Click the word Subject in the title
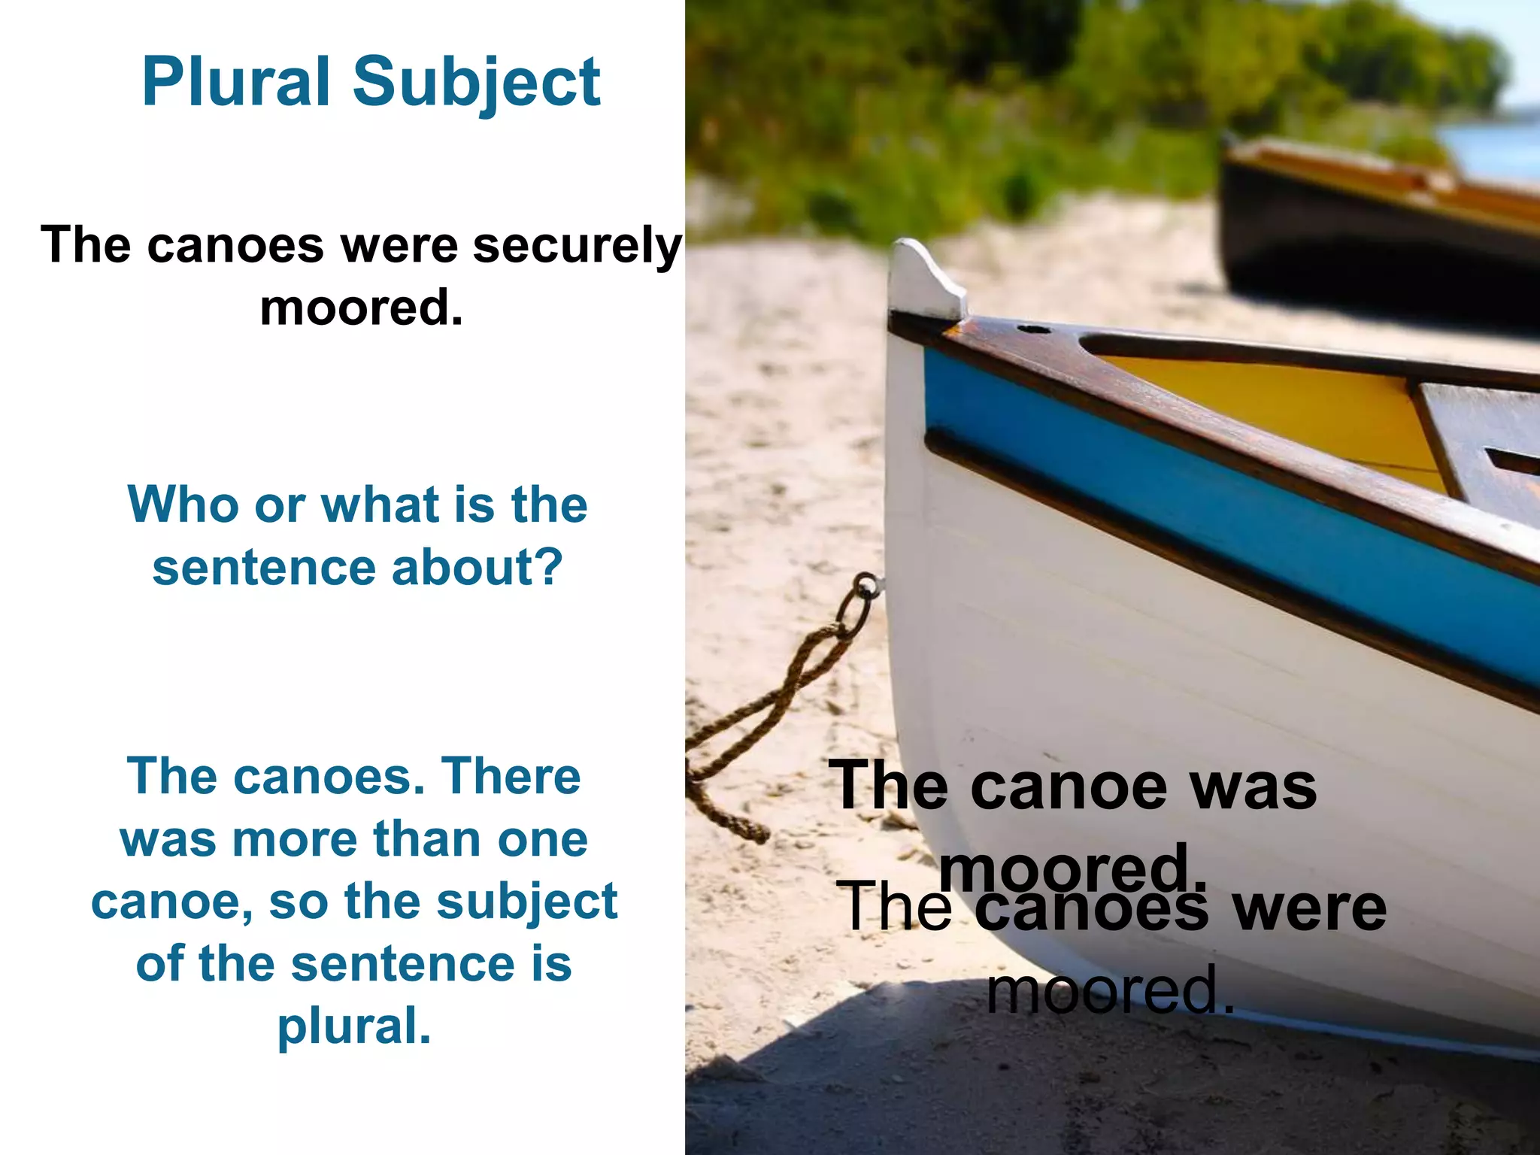coord(477,83)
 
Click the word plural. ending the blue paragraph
coord(354,1027)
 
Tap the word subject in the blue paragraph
coord(527,901)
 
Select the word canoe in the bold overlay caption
coord(1069,786)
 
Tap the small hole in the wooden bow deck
coord(1034,329)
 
